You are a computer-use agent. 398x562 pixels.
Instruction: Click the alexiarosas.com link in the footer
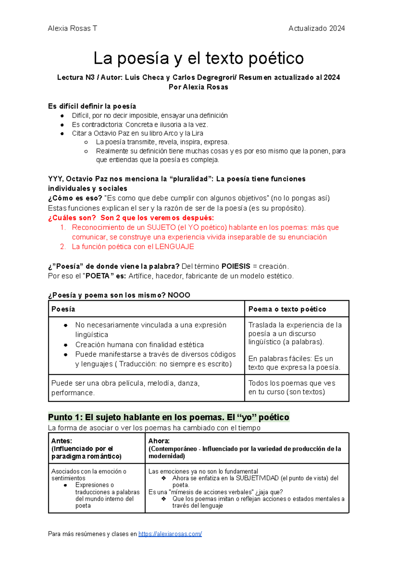170,534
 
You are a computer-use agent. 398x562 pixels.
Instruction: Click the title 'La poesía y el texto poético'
198,58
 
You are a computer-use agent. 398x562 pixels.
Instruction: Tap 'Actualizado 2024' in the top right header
316,29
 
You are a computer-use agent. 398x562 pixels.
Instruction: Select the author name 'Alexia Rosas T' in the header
72,29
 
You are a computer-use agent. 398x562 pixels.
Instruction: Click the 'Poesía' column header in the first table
63,309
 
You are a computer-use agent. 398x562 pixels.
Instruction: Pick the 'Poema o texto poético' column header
287,309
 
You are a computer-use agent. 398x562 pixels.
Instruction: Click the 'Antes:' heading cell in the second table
62,441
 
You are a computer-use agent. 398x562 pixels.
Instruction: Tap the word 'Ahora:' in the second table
159,441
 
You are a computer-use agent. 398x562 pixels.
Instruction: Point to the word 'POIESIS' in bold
236,266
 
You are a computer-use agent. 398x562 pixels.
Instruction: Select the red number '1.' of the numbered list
63,228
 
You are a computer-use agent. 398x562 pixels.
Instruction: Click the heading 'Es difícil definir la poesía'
92,106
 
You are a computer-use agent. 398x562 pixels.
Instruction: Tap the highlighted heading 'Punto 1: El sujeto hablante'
168,417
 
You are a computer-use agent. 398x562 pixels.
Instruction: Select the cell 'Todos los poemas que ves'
292,383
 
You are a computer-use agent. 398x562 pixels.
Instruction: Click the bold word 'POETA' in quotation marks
98,276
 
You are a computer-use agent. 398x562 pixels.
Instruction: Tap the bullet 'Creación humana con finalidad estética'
139,345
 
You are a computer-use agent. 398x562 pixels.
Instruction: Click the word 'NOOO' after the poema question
179,295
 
